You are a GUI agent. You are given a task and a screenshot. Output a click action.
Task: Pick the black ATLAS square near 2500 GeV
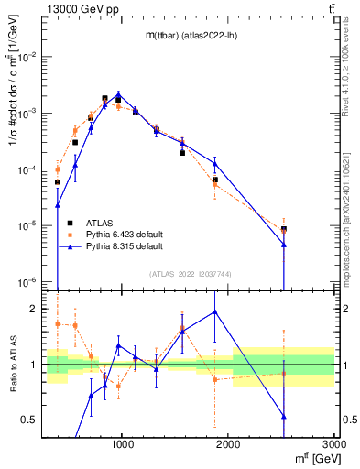(x=284, y=229)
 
